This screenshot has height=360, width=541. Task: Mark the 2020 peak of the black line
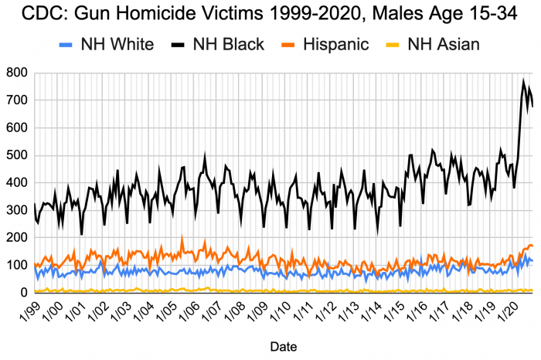pyautogui.click(x=523, y=80)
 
